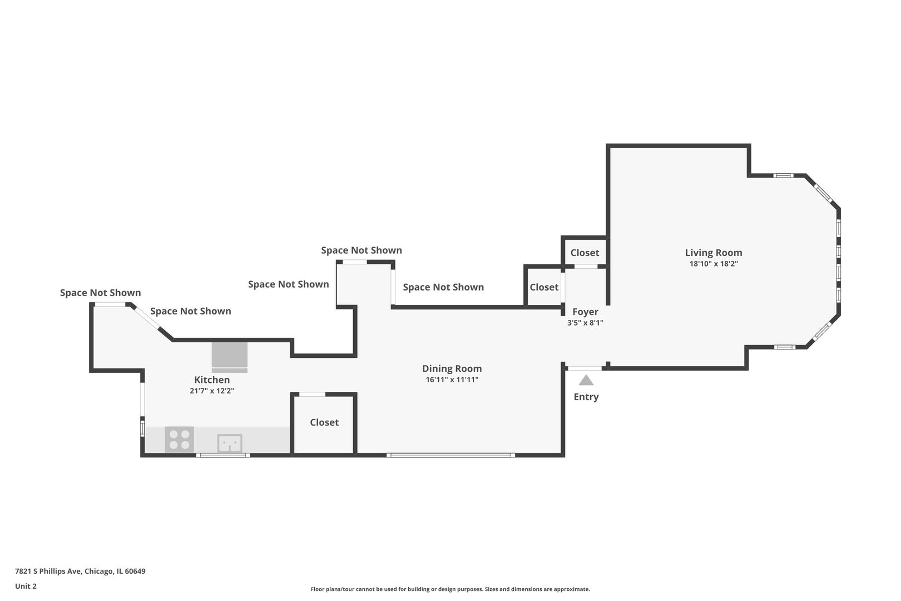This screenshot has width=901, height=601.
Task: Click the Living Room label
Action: tap(714, 253)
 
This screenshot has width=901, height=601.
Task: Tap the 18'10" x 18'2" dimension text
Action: tap(714, 264)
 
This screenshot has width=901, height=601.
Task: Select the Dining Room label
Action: tap(452, 369)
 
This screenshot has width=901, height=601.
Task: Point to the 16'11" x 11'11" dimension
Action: tap(452, 380)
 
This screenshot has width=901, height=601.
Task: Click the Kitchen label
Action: tap(212, 380)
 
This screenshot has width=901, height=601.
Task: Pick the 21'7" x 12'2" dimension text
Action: tap(212, 391)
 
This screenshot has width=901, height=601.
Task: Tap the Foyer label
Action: tap(585, 312)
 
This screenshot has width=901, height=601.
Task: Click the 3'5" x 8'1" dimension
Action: tap(585, 323)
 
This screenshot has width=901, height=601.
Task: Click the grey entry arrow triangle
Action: tap(586, 381)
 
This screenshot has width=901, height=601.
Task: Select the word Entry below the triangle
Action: tap(586, 397)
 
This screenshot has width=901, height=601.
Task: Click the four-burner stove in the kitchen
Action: tap(180, 440)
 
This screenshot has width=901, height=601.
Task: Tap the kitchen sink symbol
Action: tap(230, 443)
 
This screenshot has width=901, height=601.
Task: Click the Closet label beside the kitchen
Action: tap(324, 422)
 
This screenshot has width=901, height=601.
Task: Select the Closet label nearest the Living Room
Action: tap(585, 253)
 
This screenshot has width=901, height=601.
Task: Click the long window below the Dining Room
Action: tap(451, 455)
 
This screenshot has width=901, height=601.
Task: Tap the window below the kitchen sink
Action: tap(223, 455)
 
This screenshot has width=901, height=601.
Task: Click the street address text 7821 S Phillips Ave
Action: tap(48, 571)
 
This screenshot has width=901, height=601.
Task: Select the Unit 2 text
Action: tap(26, 586)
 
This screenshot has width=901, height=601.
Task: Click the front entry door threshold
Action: tap(585, 368)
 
